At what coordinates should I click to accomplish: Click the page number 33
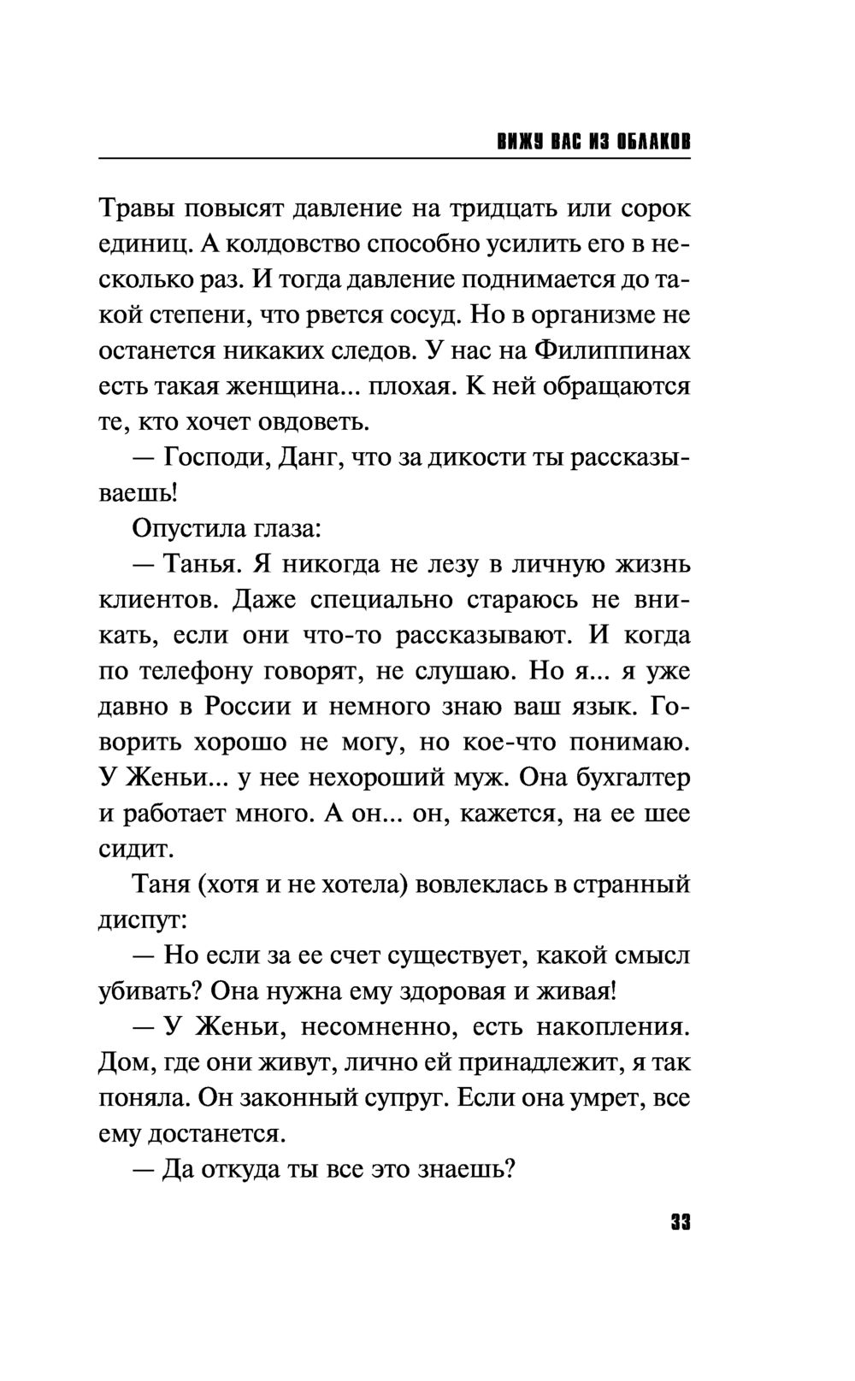pyautogui.click(x=680, y=1222)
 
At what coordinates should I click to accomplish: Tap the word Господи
pyautogui.click(x=216, y=458)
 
